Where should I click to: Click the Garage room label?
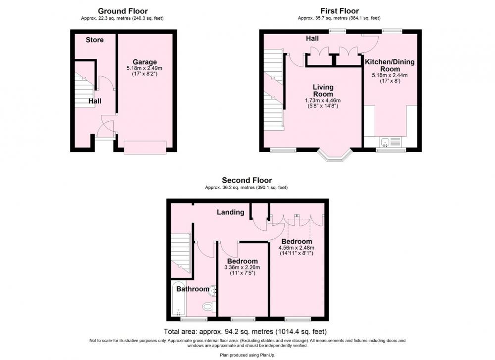(x=145, y=62)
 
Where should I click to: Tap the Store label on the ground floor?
(x=95, y=40)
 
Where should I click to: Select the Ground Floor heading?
(x=123, y=11)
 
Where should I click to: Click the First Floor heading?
(x=340, y=11)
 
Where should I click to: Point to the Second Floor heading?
(x=247, y=180)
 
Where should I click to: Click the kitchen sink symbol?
(x=385, y=142)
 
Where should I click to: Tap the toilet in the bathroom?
(x=209, y=306)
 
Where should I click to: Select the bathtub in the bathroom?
(x=179, y=299)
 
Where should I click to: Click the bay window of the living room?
(x=335, y=155)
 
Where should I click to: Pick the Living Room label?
(x=323, y=91)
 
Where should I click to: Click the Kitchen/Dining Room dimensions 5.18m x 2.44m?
(x=390, y=75)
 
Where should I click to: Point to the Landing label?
(x=231, y=212)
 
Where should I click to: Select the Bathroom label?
(x=193, y=289)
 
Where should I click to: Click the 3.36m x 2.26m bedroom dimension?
(x=243, y=267)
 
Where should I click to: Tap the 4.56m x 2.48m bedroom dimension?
(x=297, y=248)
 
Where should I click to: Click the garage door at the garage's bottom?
(x=145, y=148)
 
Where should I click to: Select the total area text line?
(x=246, y=332)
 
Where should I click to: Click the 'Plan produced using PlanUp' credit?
(x=247, y=355)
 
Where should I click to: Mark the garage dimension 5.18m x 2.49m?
(x=145, y=68)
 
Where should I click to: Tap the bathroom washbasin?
(x=213, y=290)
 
